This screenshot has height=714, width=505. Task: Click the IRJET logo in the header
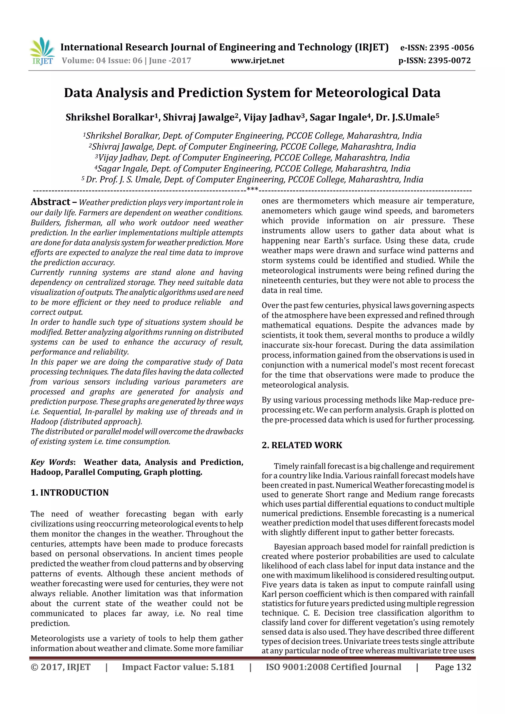[x=42, y=51]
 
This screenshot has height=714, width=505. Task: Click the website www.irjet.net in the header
[x=257, y=60]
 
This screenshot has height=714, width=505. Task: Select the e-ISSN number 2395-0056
[x=451, y=48]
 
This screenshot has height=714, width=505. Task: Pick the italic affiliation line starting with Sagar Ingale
[x=252, y=169]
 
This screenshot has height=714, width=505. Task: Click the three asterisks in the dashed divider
[x=252, y=189]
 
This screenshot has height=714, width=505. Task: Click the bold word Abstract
[x=50, y=202]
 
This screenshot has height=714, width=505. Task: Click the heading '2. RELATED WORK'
[x=302, y=445]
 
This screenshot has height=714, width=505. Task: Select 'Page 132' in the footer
[x=453, y=667]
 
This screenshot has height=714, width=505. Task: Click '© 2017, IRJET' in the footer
[x=60, y=667]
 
